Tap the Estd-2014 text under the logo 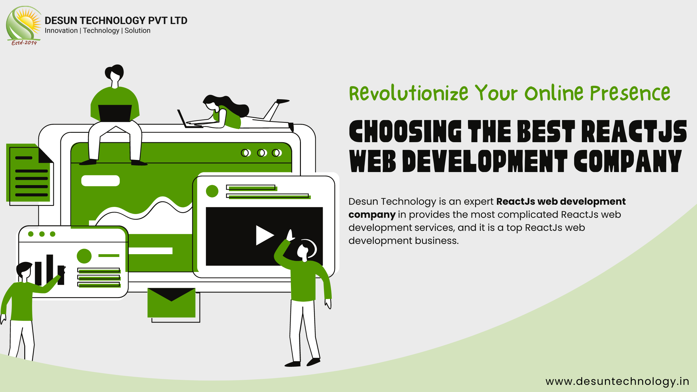coord(24,43)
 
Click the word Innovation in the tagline coord(61,30)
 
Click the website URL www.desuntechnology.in coord(617,381)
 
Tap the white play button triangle coord(264,235)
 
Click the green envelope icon coord(171,303)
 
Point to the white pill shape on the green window coord(101,181)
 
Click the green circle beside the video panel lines coord(212,191)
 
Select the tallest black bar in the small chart coord(50,269)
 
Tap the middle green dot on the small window coord(42,234)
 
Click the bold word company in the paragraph coord(372,215)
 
